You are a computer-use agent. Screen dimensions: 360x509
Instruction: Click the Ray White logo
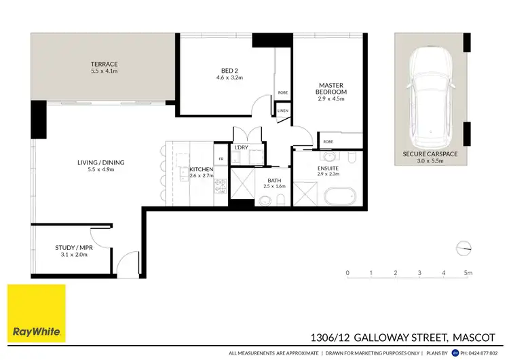tap(37, 313)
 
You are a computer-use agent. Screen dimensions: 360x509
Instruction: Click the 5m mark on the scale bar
tap(468, 273)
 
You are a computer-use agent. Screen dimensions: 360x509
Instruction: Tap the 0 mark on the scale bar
tap(347, 273)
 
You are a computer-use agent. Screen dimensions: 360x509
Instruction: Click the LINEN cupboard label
tap(282, 110)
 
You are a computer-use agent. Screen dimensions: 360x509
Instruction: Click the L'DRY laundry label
tap(241, 147)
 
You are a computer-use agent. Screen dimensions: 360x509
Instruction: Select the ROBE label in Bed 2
tap(282, 93)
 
